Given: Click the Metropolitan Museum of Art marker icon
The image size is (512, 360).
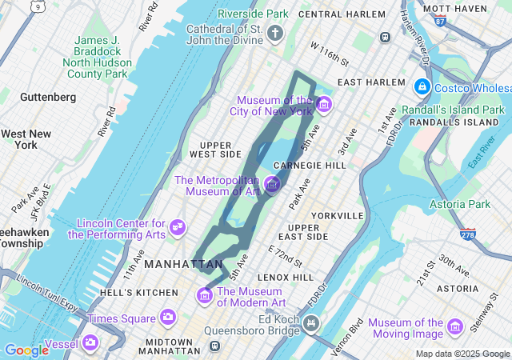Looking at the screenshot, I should [x=272, y=185].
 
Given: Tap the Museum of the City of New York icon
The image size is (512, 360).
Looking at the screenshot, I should [x=323, y=104].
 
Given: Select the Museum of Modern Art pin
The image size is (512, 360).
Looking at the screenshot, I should [x=205, y=296].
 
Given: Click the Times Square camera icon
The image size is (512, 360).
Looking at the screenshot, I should [x=168, y=318].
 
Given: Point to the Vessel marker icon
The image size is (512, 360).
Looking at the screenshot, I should [x=90, y=343].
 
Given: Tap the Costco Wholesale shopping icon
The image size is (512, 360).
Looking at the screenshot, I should [x=422, y=86].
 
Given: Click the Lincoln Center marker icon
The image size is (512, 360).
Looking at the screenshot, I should [x=178, y=229].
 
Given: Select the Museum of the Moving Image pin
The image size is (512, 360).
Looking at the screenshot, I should [x=455, y=326].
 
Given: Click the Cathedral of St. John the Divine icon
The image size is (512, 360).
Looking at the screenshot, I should [x=275, y=33].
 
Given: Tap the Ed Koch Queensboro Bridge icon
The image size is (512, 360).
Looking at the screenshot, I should [x=310, y=324].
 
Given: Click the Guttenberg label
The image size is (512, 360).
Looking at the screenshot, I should [x=48, y=97].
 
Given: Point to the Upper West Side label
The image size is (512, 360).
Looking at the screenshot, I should [x=214, y=150].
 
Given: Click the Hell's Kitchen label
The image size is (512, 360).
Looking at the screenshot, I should [x=133, y=293].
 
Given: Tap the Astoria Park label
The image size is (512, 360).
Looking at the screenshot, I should [x=460, y=205].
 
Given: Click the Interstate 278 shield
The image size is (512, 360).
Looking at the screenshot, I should [x=468, y=234].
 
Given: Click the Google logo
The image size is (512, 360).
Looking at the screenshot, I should [x=26, y=350].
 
